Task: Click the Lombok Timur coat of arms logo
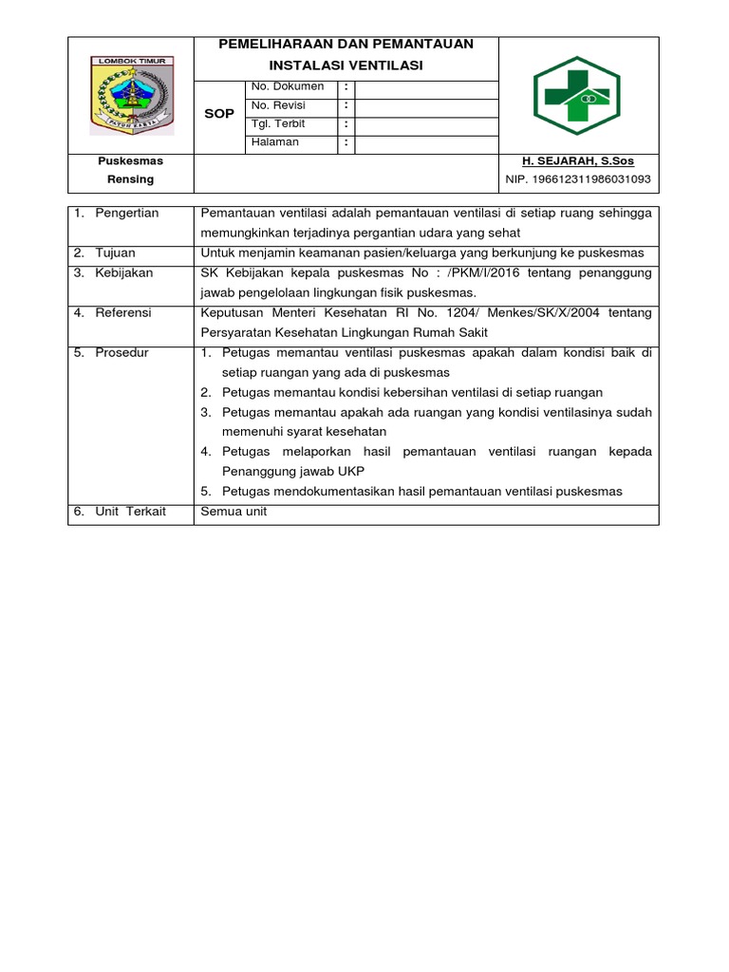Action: pos(131,95)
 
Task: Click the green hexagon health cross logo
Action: pos(577,95)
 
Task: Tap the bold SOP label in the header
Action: pos(219,114)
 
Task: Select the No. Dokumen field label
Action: pos(288,86)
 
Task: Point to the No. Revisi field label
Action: pos(282,105)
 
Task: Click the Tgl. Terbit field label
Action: pos(279,124)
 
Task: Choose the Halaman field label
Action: pos(275,142)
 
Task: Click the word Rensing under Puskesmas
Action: pos(131,179)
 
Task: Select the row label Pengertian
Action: pos(127,214)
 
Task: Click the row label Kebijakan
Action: pos(124,273)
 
